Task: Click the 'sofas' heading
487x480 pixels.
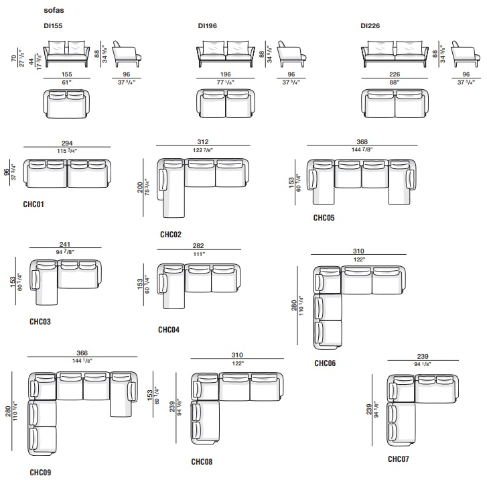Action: pyautogui.click(x=54, y=10)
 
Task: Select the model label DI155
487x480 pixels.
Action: pyautogui.click(x=53, y=25)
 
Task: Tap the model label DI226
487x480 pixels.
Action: pyautogui.click(x=370, y=25)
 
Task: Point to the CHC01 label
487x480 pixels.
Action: pyautogui.click(x=33, y=204)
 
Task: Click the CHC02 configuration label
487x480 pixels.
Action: pyautogui.click(x=171, y=235)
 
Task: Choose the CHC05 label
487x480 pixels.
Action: pyautogui.click(x=324, y=218)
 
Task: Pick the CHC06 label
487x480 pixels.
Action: pyautogui.click(x=325, y=363)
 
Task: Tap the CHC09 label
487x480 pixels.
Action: pyautogui.click(x=40, y=473)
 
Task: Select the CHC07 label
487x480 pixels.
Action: pyautogui.click(x=399, y=459)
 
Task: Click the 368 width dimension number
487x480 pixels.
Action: pyautogui.click(x=362, y=141)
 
